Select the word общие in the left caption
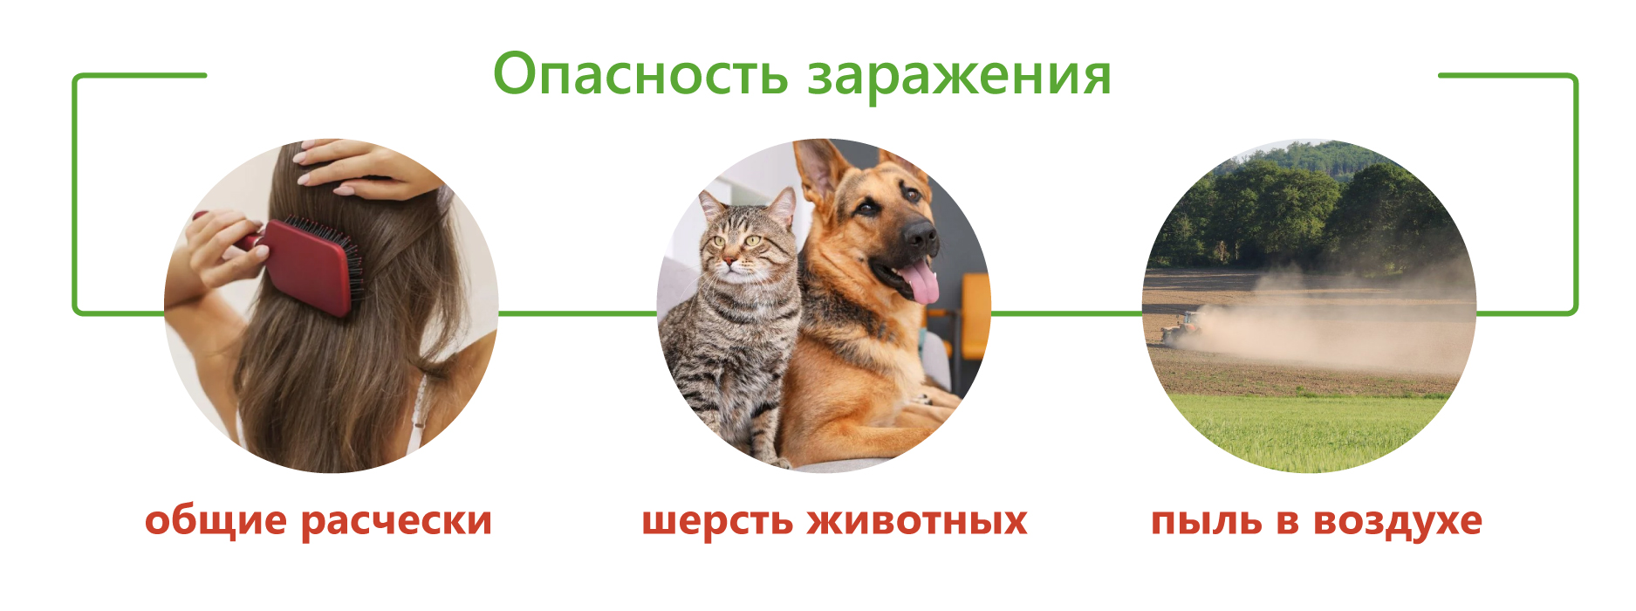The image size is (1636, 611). [x=216, y=520]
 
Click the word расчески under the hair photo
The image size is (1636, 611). [x=396, y=521]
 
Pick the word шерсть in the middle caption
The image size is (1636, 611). [x=717, y=522]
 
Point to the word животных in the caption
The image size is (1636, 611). [x=917, y=521]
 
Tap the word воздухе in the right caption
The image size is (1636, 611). [x=1397, y=521]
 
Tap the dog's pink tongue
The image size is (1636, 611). [x=918, y=284]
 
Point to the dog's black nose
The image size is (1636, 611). [x=920, y=233]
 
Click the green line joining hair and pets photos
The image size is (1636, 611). [x=577, y=312]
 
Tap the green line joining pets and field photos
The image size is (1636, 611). [x=1066, y=312]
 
